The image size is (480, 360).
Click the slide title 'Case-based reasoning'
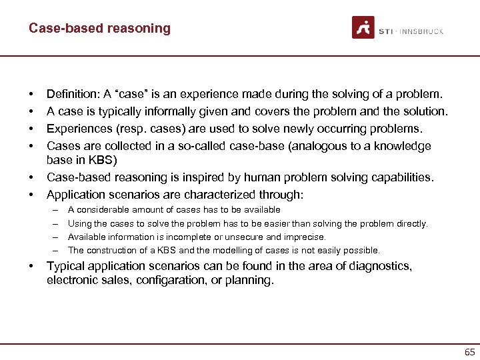pyautogui.click(x=99, y=28)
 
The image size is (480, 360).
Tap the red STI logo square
pyautogui.click(x=363, y=27)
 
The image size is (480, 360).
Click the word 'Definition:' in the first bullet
pyautogui.click(x=72, y=94)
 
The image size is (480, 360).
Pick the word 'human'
pyautogui.click(x=247, y=177)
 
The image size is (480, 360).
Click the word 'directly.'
pyautogui.click(x=411, y=224)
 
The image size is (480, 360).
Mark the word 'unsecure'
pyautogui.click(x=247, y=237)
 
